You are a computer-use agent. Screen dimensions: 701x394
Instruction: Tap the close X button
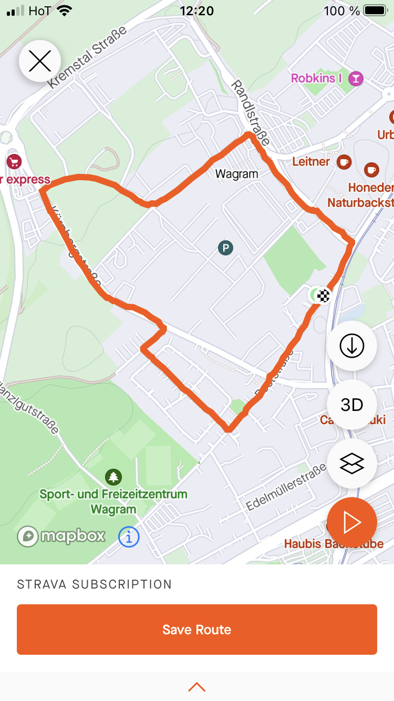tap(40, 61)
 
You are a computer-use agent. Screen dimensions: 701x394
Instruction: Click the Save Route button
tap(197, 630)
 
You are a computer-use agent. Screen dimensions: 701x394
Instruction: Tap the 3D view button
tap(352, 405)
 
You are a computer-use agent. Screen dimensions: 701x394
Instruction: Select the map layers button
tap(352, 463)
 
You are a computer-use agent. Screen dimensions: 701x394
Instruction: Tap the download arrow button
tap(352, 345)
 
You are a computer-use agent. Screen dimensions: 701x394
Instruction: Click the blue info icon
tap(129, 537)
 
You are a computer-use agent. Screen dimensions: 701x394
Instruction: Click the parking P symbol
tap(226, 248)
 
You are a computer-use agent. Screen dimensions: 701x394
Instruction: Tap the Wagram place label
tap(237, 174)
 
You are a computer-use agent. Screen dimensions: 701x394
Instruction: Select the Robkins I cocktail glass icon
tap(357, 79)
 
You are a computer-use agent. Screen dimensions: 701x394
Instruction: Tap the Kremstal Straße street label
tap(87, 57)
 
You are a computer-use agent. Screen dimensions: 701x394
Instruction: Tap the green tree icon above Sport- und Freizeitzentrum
tap(113, 477)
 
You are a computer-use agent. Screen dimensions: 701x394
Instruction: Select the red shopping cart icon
tap(13, 161)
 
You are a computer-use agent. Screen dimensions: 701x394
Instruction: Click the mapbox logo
tap(61, 536)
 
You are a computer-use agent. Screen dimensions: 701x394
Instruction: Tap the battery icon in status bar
tap(375, 11)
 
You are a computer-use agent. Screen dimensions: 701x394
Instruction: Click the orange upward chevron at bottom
tap(197, 686)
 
